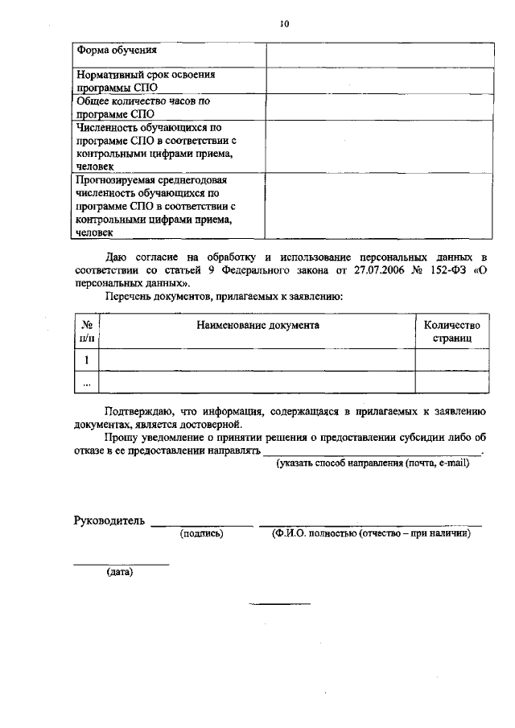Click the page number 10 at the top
tap(284, 24)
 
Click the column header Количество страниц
tap(451, 331)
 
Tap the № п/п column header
tap(86, 331)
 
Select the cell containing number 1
tap(86, 360)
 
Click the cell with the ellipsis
tap(86, 383)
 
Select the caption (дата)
tap(120, 573)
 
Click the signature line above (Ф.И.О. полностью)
tap(370, 524)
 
